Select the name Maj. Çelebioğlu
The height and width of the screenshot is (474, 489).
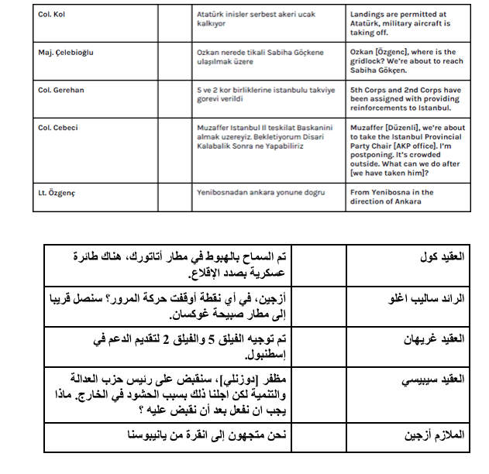click(65, 52)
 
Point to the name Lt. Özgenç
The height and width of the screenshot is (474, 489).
click(56, 191)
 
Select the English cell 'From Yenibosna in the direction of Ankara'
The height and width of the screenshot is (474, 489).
click(391, 197)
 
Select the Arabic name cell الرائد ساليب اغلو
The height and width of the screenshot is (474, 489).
click(429, 298)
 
